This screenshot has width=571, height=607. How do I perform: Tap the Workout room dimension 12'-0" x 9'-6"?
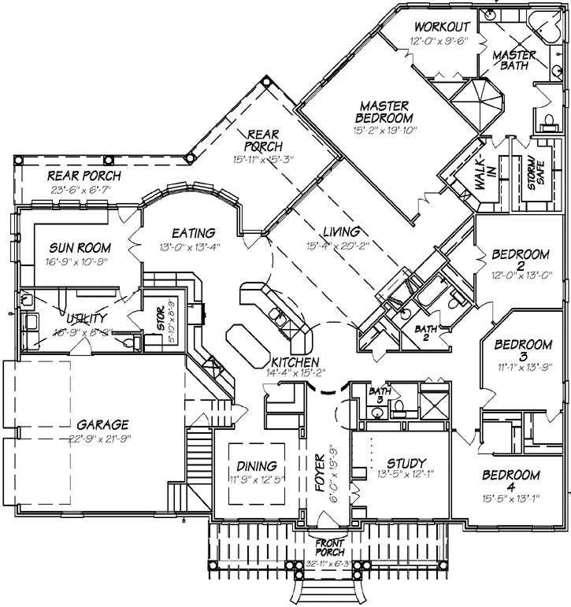point(439,41)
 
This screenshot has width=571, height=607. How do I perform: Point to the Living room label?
point(341,232)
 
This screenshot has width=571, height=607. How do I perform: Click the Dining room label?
point(256,465)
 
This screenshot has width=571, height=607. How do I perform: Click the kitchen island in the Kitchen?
point(250,343)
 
